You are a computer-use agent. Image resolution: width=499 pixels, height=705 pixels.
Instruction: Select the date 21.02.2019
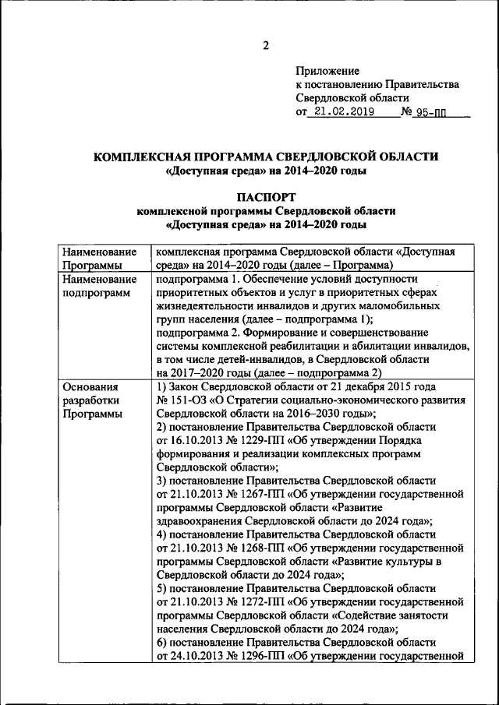(342, 112)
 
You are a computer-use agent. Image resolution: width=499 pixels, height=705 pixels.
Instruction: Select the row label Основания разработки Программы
(91, 400)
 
